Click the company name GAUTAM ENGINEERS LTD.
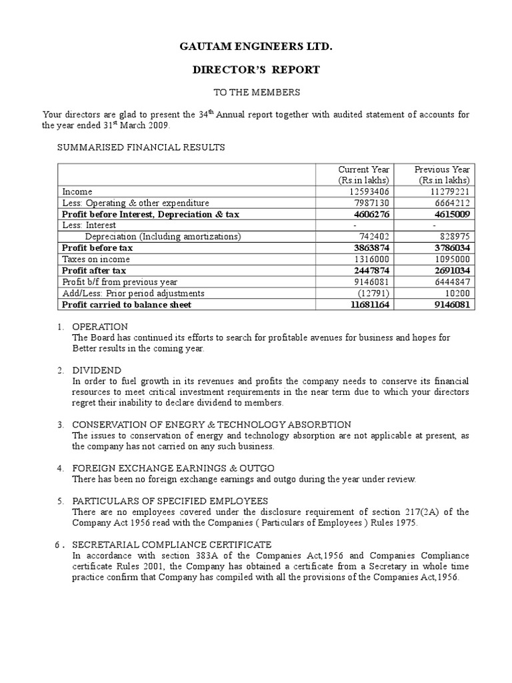pyautogui.click(x=256, y=48)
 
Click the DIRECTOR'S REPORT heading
pyautogui.click(x=256, y=69)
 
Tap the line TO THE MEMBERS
pyautogui.click(x=256, y=92)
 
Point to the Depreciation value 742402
pyautogui.click(x=370, y=237)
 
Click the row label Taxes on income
pyautogui.click(x=96, y=259)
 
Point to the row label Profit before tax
pyautogui.click(x=97, y=248)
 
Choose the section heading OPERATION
pyautogui.click(x=100, y=327)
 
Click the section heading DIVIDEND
pyautogui.click(x=97, y=370)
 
